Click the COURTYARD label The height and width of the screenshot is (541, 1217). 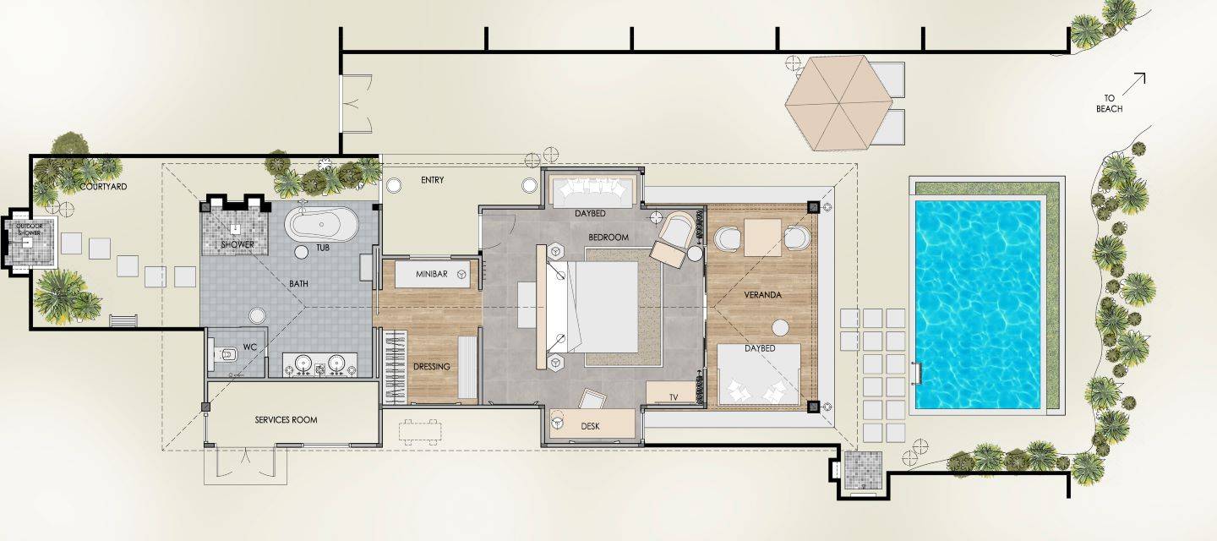coord(103,186)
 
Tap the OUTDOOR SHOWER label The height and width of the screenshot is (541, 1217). coord(30,229)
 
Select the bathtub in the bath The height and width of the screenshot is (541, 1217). coord(322,224)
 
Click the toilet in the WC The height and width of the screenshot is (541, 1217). coord(224,355)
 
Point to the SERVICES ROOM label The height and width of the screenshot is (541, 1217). coord(286,420)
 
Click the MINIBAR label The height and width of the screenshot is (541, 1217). coord(431,274)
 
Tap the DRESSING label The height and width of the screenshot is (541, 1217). coord(431,367)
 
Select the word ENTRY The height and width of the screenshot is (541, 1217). coord(433,180)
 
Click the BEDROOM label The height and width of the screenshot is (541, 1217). coord(608,238)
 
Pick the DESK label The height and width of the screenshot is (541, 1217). coord(590,426)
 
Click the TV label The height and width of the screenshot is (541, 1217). coord(674,397)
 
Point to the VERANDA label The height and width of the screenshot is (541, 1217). coord(763,295)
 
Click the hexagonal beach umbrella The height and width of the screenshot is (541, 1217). coord(839,102)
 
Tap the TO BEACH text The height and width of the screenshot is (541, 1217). coord(1109,103)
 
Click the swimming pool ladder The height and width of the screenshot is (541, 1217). coord(917,374)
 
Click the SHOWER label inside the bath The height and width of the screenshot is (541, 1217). coord(237,245)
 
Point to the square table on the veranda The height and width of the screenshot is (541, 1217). coord(763,238)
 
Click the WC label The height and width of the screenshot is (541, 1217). coord(250,347)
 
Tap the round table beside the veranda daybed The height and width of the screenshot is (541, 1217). coord(781,328)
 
